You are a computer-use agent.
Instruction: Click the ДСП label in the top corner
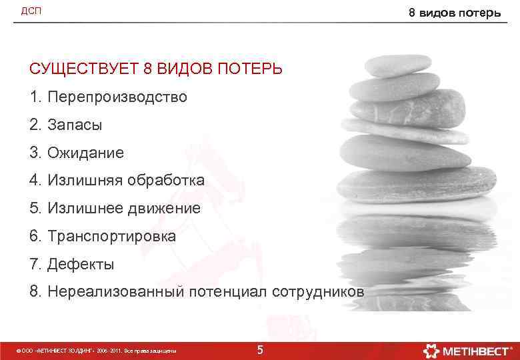(31, 10)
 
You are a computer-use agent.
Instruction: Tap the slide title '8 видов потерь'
(454, 12)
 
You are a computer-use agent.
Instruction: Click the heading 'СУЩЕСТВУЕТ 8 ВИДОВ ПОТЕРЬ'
(155, 69)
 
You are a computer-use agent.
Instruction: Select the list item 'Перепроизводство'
(117, 97)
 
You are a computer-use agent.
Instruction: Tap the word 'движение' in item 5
(166, 209)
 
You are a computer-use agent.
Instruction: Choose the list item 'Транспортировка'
(111, 237)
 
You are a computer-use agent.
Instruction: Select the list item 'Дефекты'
(81, 265)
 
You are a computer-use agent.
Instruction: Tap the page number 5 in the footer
(260, 350)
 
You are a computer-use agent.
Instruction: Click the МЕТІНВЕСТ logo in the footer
(467, 350)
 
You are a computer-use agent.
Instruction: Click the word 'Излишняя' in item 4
(79, 181)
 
